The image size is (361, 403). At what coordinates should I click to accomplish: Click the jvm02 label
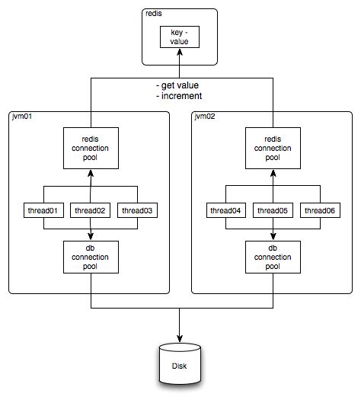pos(206,116)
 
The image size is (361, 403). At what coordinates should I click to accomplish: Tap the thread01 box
pos(43,209)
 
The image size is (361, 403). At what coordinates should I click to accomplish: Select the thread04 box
pos(225,209)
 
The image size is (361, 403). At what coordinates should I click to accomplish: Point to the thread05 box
pos(271,209)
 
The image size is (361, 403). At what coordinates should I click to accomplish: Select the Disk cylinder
pos(180,366)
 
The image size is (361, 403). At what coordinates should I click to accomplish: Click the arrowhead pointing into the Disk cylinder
pos(180,339)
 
